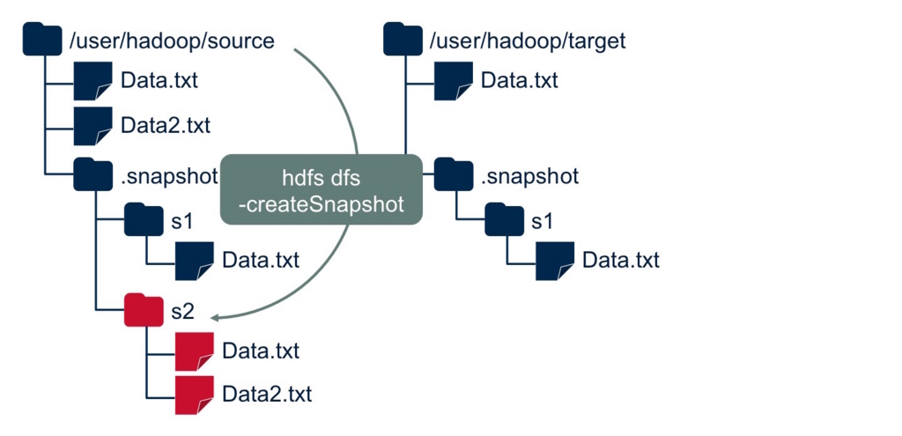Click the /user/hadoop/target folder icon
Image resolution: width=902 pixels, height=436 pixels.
(403, 40)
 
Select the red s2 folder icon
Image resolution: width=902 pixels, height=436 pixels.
(144, 310)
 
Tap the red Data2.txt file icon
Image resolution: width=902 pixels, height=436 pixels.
(194, 393)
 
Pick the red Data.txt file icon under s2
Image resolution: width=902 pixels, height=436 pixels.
(194, 351)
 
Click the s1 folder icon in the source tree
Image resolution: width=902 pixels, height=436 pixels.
(144, 220)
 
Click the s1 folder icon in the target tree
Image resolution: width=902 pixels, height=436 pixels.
(505, 220)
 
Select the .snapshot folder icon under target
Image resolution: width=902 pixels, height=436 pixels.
(455, 174)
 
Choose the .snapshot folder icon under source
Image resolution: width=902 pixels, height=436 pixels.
(93, 174)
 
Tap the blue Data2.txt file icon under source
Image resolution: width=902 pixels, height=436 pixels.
(93, 125)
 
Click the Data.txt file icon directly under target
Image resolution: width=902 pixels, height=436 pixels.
(454, 81)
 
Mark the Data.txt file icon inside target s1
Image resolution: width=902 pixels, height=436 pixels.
(555, 260)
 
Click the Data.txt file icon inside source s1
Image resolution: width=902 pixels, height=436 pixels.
(194, 260)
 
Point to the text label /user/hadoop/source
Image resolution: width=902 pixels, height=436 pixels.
(172, 41)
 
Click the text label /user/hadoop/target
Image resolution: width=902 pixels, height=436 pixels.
(527, 41)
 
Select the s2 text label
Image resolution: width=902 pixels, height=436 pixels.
(182, 311)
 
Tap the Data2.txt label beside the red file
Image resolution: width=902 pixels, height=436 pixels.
(267, 393)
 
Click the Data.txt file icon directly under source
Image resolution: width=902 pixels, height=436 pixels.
(93, 81)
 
